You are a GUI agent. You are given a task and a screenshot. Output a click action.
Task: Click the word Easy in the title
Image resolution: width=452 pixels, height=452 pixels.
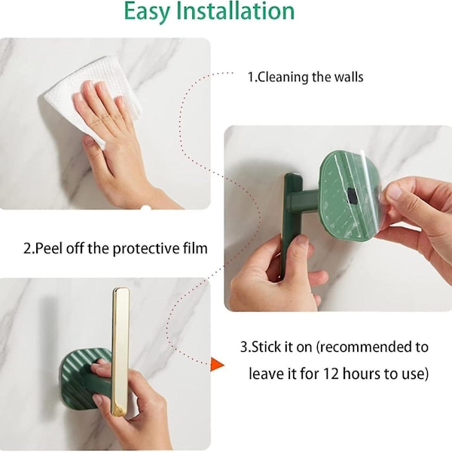click(148, 12)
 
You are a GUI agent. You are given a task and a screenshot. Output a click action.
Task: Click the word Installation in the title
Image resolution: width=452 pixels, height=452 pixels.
click(235, 11)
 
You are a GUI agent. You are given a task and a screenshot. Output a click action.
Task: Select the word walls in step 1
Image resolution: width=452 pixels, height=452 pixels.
click(349, 77)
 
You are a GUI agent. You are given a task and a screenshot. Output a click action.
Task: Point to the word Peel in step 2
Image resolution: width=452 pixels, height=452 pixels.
click(48, 248)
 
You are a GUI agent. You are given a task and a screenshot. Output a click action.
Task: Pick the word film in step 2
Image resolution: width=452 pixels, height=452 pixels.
click(195, 248)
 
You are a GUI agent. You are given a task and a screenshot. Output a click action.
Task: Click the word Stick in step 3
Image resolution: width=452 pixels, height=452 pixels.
click(265, 347)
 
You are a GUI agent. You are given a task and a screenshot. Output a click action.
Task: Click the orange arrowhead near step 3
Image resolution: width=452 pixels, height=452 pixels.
click(217, 365)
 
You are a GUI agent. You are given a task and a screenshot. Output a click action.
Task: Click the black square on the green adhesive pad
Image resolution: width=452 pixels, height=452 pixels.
click(353, 195)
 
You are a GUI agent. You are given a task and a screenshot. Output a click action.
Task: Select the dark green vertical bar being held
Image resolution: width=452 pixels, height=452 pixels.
click(292, 222)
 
